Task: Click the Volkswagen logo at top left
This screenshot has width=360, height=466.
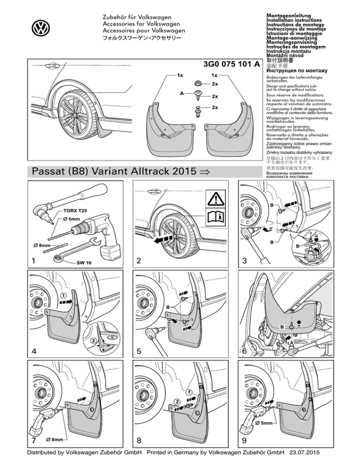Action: (40, 28)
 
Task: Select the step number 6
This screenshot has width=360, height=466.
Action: (244, 351)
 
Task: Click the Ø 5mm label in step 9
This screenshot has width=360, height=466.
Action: (265, 424)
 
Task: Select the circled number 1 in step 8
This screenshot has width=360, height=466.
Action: (187, 391)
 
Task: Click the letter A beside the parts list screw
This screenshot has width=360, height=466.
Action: (183, 93)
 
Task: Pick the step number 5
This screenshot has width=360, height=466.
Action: (138, 351)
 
